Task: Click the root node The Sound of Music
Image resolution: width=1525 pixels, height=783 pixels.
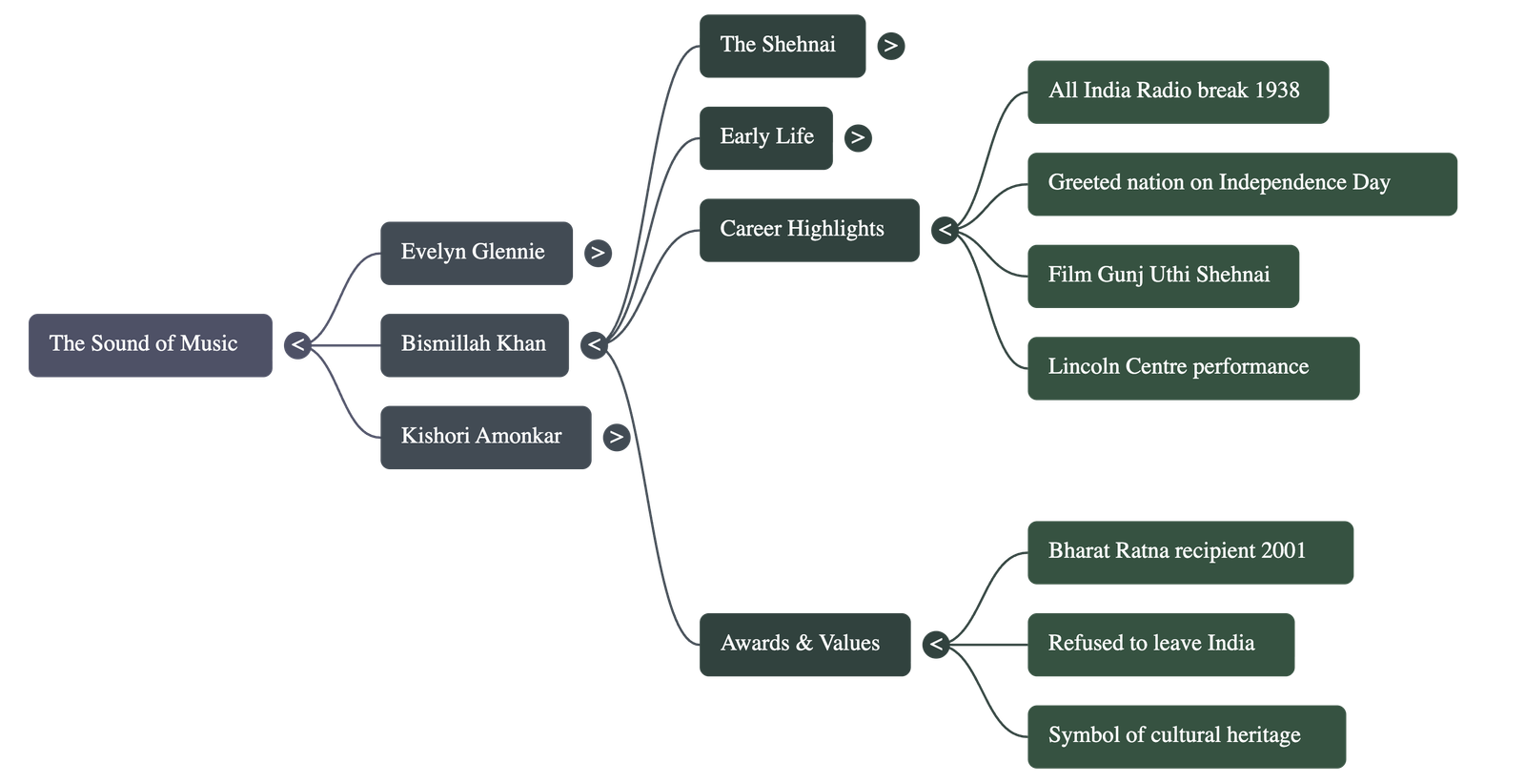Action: point(150,344)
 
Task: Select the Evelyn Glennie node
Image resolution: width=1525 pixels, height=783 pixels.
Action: point(476,253)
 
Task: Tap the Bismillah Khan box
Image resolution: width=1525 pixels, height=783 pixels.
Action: point(474,344)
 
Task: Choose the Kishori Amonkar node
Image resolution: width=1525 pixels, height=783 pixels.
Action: point(484,437)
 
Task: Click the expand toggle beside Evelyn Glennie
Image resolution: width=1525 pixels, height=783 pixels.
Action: point(598,253)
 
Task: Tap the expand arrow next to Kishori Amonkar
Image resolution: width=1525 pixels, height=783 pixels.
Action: point(617,438)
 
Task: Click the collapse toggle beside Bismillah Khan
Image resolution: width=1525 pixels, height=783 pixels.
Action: point(595,344)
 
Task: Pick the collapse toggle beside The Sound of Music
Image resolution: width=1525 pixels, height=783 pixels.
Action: point(298,344)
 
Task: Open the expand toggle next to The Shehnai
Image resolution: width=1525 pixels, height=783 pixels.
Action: point(890,45)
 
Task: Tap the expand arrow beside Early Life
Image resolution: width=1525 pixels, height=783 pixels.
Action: point(858,137)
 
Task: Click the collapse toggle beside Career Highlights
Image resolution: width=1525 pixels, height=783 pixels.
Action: point(945,230)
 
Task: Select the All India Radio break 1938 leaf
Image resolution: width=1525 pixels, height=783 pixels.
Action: point(1177,92)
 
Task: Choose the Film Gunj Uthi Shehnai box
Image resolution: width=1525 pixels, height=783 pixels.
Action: point(1162,276)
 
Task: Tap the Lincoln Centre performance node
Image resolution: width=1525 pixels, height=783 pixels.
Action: point(1191,368)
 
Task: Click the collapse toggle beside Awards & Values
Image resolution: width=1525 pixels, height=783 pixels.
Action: point(936,645)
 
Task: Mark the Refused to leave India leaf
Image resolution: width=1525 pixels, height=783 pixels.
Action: point(1160,645)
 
